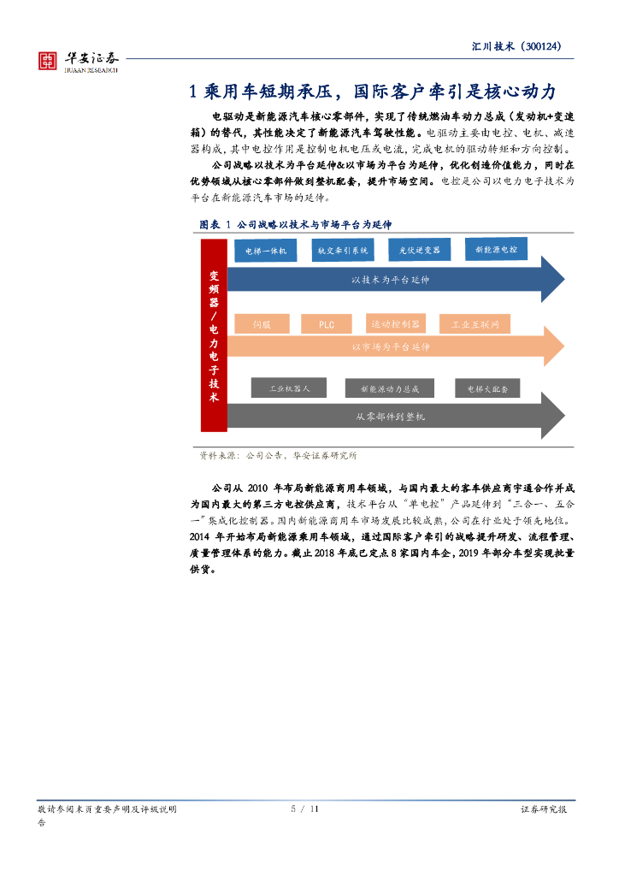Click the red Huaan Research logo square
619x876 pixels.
[x=47, y=61]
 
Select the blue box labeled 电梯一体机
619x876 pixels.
[x=266, y=251]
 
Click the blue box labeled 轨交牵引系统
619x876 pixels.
[x=343, y=251]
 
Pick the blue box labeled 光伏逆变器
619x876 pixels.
[x=419, y=251]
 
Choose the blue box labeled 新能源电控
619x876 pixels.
[x=496, y=249]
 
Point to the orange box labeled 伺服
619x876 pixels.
[x=262, y=324]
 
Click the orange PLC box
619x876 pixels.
[x=327, y=324]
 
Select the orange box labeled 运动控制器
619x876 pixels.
[x=396, y=323]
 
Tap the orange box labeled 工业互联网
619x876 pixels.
[x=475, y=324]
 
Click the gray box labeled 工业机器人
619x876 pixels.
[x=289, y=388]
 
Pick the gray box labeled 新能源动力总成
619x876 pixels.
[x=390, y=388]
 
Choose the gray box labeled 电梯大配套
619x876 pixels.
[x=487, y=388]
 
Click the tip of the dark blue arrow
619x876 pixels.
[x=564, y=280]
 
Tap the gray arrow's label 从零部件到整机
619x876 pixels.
[x=390, y=417]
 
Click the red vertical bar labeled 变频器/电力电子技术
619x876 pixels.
[x=214, y=335]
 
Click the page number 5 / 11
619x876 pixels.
[x=304, y=808]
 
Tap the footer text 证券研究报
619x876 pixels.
[x=544, y=809]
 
